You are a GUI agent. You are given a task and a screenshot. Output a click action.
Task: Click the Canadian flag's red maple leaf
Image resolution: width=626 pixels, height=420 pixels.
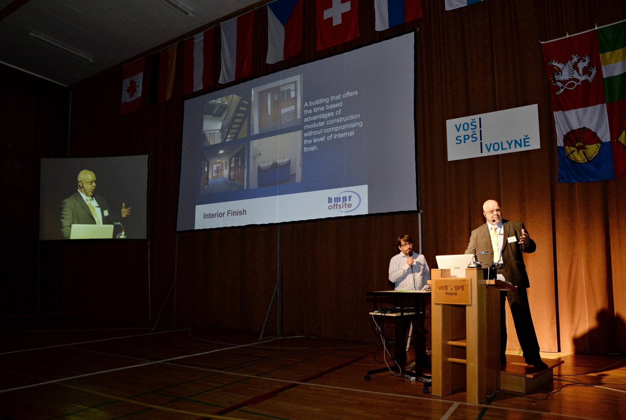point(132,88)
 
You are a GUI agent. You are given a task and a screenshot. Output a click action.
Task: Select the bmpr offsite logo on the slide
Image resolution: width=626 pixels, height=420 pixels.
point(344,201)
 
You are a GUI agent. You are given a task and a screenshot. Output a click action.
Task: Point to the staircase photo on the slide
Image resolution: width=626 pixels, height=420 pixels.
point(225,119)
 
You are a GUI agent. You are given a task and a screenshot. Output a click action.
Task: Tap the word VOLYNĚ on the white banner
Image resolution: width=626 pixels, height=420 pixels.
point(507,145)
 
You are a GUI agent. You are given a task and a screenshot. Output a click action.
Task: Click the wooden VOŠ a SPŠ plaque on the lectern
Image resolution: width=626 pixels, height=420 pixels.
point(452,291)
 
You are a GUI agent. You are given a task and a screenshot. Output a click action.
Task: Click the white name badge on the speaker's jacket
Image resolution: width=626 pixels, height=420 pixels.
point(512,239)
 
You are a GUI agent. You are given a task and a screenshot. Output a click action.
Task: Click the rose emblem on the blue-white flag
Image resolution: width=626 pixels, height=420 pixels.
point(582,145)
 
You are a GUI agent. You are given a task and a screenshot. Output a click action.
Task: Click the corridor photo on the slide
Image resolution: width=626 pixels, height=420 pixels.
point(223,169)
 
